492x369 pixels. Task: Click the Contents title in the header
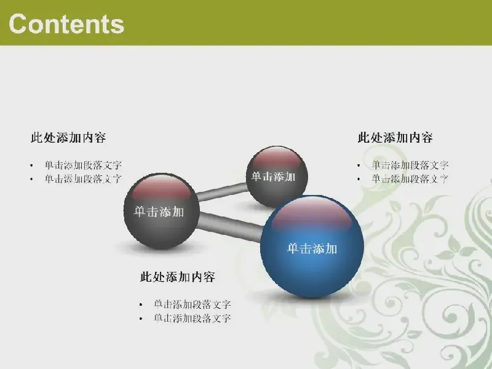[66, 24]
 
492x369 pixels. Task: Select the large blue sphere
[312, 247]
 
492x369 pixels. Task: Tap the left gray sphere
[162, 211]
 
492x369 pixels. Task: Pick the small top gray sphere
[277, 177]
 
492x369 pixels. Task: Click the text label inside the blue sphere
[312, 249]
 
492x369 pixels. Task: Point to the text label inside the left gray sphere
[159, 212]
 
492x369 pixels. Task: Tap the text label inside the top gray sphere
[273, 177]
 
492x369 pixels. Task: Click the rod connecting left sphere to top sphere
[222, 192]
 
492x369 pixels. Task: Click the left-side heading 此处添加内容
[68, 137]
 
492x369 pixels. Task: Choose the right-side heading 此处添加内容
[395, 137]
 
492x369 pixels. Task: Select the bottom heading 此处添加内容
[178, 277]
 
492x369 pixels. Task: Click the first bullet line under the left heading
[83, 165]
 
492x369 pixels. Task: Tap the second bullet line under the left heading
[83, 179]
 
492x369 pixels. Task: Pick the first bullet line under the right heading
[410, 165]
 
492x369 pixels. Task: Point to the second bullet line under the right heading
[410, 179]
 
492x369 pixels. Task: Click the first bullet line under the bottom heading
[192, 304]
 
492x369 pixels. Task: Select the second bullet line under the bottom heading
[192, 318]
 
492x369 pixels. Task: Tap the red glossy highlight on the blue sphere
[312, 214]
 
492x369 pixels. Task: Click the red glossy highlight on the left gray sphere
[161, 188]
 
